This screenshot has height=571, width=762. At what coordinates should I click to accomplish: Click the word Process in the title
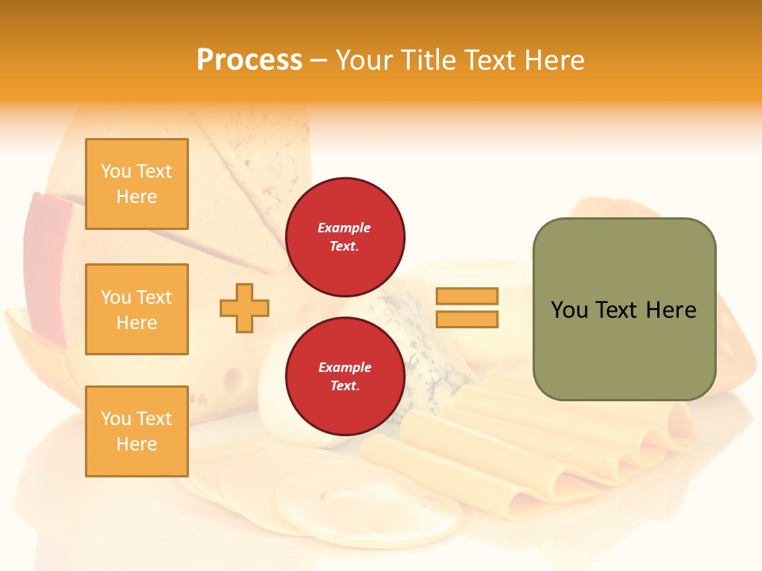click(249, 59)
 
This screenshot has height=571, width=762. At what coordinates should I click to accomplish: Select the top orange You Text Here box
click(137, 184)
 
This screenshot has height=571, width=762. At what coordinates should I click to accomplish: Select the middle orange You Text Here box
click(137, 309)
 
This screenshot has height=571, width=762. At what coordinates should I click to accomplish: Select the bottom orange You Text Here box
click(137, 431)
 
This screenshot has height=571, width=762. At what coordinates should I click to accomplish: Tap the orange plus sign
click(244, 308)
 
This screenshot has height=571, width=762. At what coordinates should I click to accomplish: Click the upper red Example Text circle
click(344, 236)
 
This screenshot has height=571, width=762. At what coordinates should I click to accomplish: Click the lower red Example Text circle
click(344, 376)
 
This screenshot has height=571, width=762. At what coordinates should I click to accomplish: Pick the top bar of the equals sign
click(467, 296)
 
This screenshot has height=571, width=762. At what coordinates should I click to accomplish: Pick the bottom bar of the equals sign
click(467, 319)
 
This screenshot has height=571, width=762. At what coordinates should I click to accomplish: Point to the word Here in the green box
click(671, 309)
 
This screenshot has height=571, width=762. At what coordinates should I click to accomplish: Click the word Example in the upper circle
click(344, 228)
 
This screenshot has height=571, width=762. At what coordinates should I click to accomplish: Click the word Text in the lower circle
click(344, 386)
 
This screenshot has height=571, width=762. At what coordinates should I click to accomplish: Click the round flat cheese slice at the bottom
click(369, 508)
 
